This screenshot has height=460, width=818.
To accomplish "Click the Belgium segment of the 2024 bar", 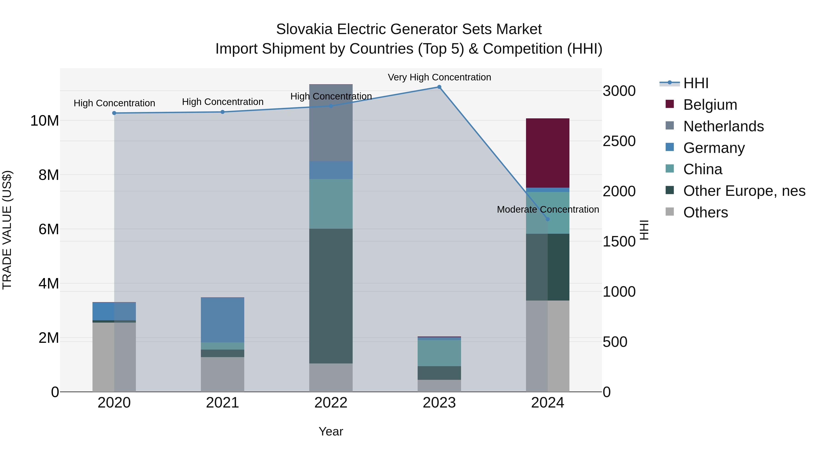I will click(547, 153).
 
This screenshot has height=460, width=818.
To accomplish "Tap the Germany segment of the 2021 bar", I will click(222, 320).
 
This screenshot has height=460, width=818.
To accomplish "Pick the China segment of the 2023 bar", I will click(439, 353).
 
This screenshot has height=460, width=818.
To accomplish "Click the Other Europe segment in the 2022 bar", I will click(331, 296).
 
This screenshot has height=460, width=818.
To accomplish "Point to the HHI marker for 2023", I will click(439, 87).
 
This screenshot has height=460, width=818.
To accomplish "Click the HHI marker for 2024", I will click(547, 219).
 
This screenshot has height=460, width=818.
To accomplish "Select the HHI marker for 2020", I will click(114, 113).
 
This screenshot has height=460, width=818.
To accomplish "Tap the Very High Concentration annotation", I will click(439, 77).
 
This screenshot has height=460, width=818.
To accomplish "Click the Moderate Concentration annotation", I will click(547, 209).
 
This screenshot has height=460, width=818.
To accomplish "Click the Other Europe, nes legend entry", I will click(744, 191).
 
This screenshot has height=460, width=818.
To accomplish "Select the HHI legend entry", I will click(696, 83).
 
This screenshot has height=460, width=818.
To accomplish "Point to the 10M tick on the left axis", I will click(45, 121).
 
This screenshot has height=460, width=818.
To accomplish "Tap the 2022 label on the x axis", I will click(331, 403).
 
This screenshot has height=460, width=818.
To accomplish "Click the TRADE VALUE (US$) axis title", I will click(7, 230).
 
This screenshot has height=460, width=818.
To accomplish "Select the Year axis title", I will click(331, 431).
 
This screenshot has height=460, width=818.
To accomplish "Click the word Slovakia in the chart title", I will click(304, 29).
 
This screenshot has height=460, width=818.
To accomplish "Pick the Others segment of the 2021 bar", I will click(222, 374).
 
